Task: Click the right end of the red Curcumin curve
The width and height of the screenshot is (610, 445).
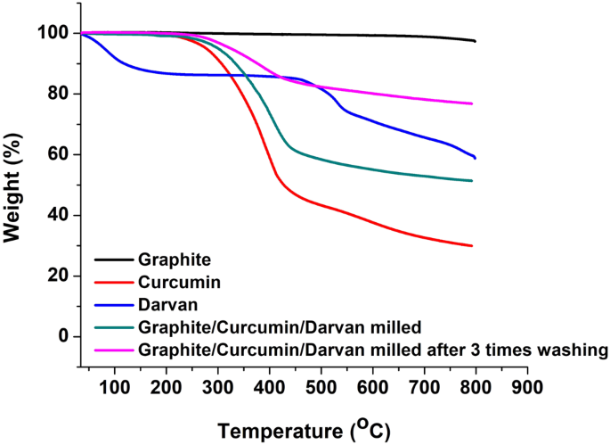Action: click(472, 246)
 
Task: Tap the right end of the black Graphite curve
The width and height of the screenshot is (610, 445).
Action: click(476, 41)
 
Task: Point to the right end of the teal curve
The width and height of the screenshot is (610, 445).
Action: click(472, 181)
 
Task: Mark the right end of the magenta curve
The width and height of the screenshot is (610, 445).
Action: click(472, 103)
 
